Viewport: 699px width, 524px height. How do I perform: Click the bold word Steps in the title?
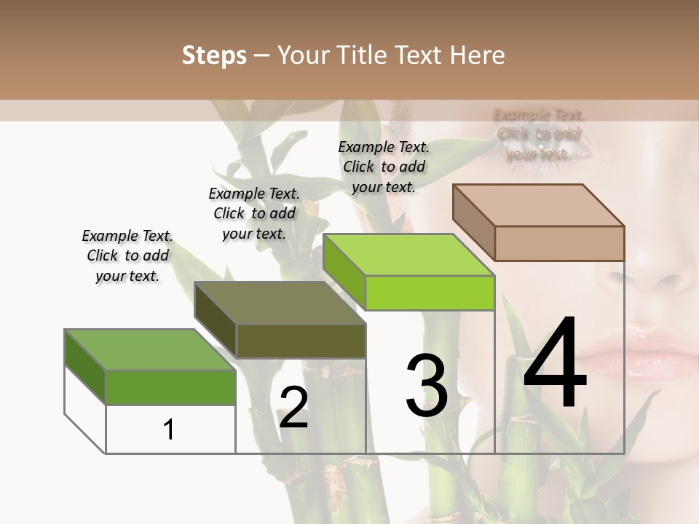(x=214, y=55)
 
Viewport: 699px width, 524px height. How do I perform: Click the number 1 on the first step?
(x=168, y=429)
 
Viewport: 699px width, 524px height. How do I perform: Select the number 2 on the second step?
(x=293, y=408)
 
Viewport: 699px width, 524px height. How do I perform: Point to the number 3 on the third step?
(x=427, y=386)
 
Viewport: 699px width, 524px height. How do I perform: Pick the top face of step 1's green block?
(x=150, y=349)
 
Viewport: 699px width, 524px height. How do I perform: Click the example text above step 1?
(x=127, y=255)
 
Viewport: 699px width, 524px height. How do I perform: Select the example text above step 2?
(x=254, y=213)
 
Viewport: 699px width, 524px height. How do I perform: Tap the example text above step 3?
(x=384, y=167)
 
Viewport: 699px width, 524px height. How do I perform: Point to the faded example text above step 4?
(x=538, y=134)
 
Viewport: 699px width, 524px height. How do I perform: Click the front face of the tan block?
(x=559, y=243)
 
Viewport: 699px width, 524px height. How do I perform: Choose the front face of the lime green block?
(x=430, y=293)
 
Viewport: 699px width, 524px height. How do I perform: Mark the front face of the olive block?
(x=301, y=341)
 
